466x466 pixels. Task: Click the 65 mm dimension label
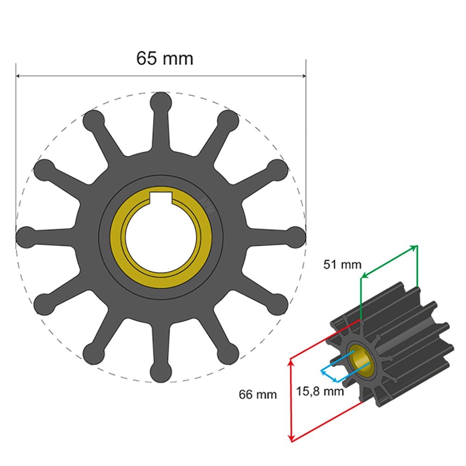(x=164, y=58)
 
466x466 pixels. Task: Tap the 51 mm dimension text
(x=343, y=265)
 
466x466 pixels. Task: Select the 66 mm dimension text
(x=258, y=395)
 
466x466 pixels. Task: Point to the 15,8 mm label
(x=320, y=391)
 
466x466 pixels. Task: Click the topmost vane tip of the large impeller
(x=161, y=101)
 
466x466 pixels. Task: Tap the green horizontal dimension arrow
(x=389, y=261)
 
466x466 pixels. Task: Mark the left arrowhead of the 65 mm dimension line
(x=19, y=76)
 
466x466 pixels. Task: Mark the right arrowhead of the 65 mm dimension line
(x=303, y=76)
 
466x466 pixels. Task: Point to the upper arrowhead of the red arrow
(x=291, y=361)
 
